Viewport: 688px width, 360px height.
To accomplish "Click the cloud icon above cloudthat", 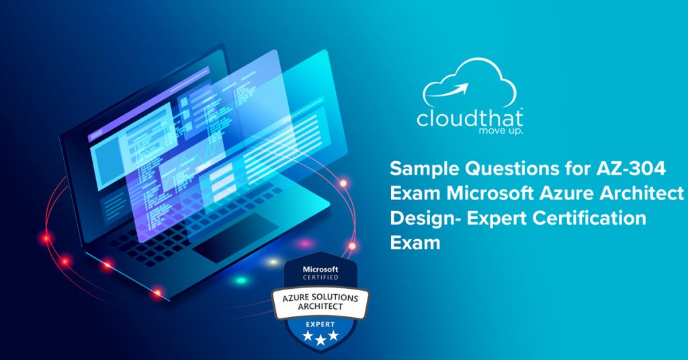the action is (x=470, y=66).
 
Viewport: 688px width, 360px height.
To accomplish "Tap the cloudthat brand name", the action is (x=470, y=118).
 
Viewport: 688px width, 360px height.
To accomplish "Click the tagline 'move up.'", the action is (x=501, y=131).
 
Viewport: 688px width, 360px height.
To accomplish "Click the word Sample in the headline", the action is (x=418, y=169).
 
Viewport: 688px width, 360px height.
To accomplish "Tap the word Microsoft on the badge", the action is (x=320, y=269).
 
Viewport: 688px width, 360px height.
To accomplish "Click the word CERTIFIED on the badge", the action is (x=320, y=277).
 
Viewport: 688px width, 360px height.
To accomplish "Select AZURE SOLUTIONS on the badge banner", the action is (x=320, y=298).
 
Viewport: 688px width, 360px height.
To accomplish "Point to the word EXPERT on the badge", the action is (x=320, y=324).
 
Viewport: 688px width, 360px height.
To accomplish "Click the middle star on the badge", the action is (x=320, y=340).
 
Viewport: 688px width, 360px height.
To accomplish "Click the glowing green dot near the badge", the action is (x=241, y=280).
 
